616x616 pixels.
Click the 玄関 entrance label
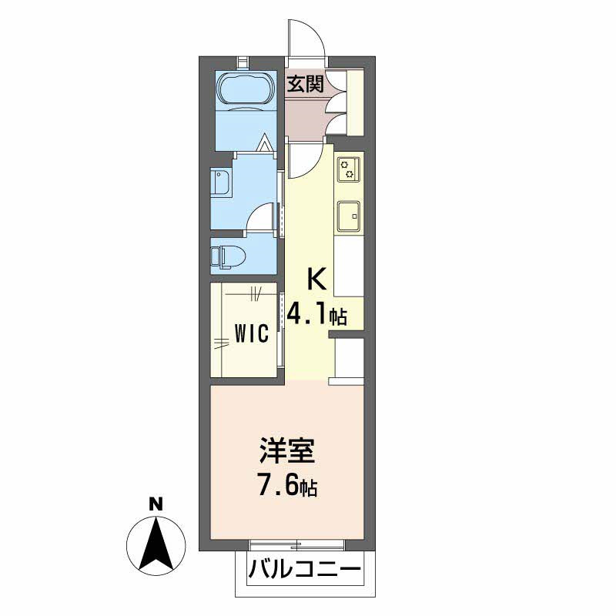306,84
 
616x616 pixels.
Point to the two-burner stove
349,168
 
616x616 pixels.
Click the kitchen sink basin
349,216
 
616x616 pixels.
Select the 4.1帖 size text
316,314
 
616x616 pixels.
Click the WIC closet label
251,333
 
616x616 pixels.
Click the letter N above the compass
156,504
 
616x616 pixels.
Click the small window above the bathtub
243,61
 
